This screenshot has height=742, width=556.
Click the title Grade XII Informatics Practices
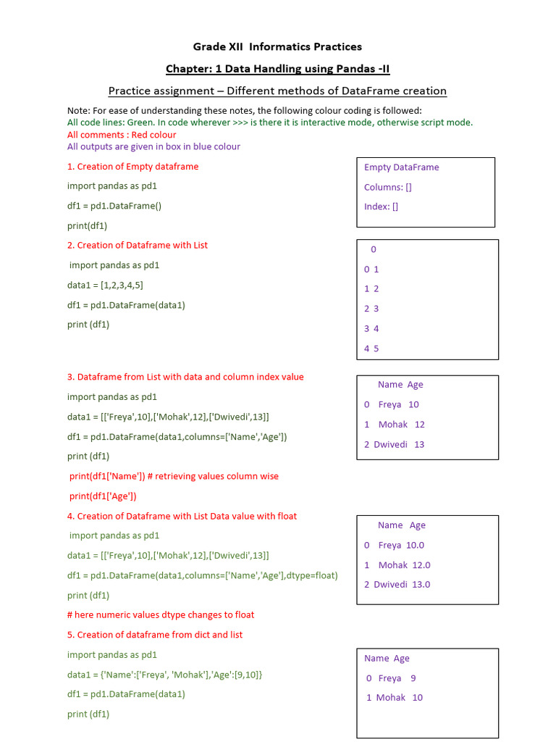click(x=277, y=47)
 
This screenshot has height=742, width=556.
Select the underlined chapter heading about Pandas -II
click(x=277, y=69)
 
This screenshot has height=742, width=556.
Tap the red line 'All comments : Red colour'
click(x=122, y=135)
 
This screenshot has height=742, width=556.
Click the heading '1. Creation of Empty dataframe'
click(x=132, y=167)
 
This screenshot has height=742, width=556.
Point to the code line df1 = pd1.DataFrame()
click(x=114, y=206)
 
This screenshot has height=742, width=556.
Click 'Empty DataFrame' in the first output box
click(x=401, y=167)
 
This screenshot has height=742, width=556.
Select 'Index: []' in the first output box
click(x=381, y=207)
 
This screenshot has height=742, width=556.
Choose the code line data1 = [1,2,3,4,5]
click(x=105, y=285)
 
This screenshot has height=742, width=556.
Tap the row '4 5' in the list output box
click(x=371, y=349)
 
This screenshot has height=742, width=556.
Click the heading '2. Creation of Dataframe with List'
click(x=138, y=246)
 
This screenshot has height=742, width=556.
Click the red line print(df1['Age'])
click(x=103, y=496)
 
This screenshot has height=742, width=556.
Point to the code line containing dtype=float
click(x=203, y=575)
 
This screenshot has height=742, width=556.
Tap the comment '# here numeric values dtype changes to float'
click(x=161, y=615)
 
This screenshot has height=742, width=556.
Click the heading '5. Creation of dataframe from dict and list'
click(x=155, y=635)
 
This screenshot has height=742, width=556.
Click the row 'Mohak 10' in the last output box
click(x=395, y=698)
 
